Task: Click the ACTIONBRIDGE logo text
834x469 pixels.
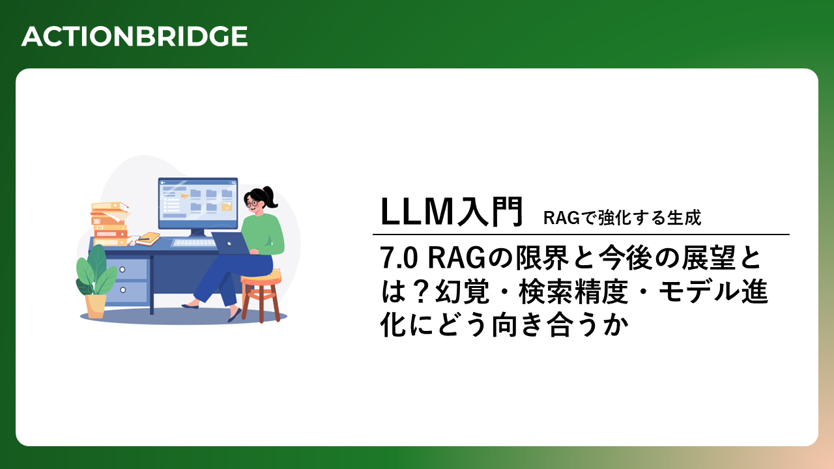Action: click(x=134, y=36)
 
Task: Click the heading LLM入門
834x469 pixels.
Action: click(x=452, y=212)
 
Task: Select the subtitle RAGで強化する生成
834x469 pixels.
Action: click(x=622, y=218)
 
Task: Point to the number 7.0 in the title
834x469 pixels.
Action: click(x=399, y=258)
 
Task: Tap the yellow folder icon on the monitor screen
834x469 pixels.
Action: click(x=227, y=207)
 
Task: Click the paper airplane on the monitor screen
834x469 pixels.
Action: click(x=184, y=195)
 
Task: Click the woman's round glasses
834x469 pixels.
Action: click(x=252, y=204)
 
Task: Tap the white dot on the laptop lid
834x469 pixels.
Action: click(x=229, y=244)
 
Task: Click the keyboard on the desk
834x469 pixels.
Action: click(x=194, y=243)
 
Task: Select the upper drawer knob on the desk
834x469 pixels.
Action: click(x=122, y=270)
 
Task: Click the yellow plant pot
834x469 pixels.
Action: click(x=96, y=306)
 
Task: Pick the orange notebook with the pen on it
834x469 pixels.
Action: click(x=148, y=239)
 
